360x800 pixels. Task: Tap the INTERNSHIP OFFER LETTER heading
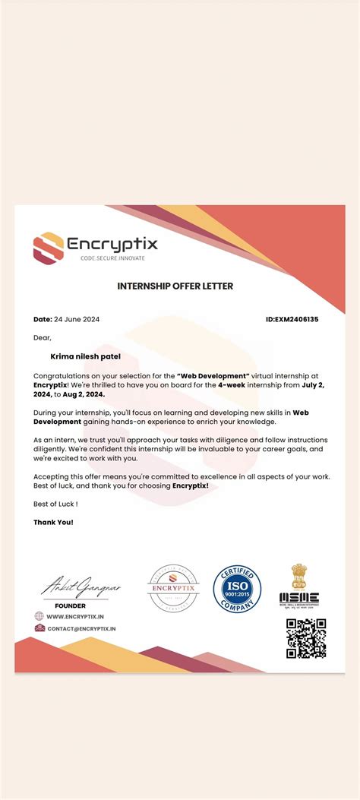(175, 286)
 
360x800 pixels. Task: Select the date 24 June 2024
(77, 319)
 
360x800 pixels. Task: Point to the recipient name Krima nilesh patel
(85, 356)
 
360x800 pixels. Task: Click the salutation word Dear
(42, 337)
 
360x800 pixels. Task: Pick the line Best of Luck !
(55, 504)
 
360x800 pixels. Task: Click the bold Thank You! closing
(53, 522)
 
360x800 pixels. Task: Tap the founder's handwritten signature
(81, 587)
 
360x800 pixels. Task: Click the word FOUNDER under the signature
(71, 606)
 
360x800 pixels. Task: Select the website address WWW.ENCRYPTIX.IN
(75, 617)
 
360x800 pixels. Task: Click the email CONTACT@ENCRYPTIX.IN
(81, 629)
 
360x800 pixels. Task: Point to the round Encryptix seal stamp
(173, 589)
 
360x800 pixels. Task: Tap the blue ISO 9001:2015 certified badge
(237, 589)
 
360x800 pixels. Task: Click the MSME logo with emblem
(298, 586)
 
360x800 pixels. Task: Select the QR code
(306, 638)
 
